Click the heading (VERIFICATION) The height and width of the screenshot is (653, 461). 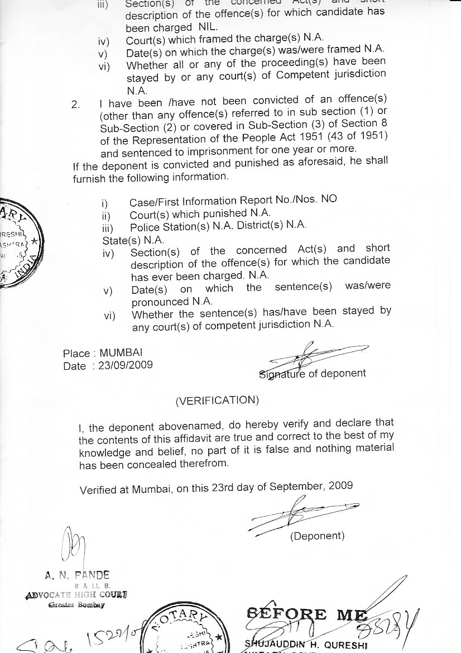(x=217, y=401)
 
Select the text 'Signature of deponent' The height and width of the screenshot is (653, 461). (x=313, y=374)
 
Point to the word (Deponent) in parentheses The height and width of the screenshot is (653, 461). (x=317, y=536)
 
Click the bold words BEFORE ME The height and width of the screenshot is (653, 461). (x=306, y=615)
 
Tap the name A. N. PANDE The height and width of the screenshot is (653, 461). (x=78, y=574)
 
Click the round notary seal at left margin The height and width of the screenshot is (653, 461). (x=20, y=243)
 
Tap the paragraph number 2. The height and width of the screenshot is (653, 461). (x=76, y=104)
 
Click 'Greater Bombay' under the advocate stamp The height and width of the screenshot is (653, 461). (x=76, y=604)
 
